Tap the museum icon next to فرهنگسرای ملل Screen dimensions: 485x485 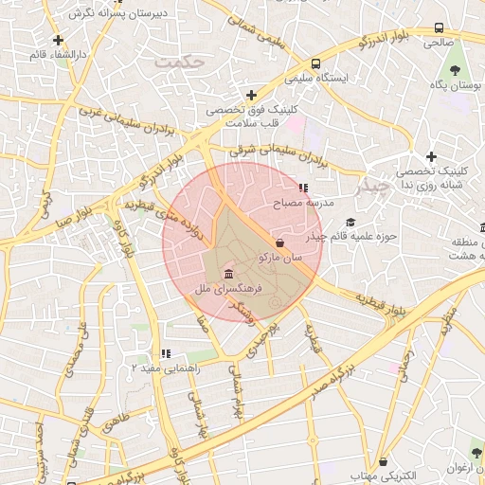click(229, 275)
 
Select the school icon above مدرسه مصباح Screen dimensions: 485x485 click(303, 189)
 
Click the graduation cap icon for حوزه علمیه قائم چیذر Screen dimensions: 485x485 click(350, 223)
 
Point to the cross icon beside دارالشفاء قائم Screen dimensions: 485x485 click(59, 40)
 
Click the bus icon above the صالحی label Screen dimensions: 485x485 click(439, 28)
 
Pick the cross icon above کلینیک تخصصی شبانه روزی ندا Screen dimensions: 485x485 click(431, 156)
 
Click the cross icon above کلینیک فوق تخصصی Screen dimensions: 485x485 click(251, 95)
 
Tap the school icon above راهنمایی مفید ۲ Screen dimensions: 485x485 click(166, 353)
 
